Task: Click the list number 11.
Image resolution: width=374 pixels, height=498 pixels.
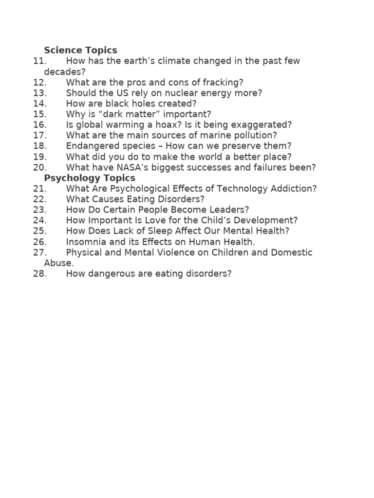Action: pyautogui.click(x=40, y=61)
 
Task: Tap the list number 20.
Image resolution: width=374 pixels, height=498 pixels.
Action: pyautogui.click(x=40, y=167)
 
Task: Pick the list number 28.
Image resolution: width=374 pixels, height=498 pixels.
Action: pyautogui.click(x=40, y=274)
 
